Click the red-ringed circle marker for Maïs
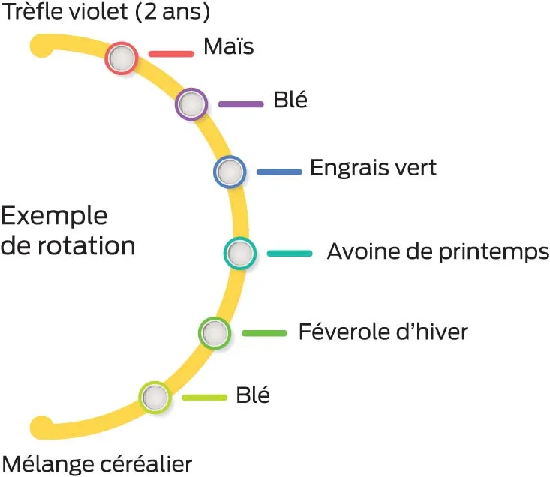121,58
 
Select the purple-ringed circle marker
191,104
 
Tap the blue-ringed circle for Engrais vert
230,172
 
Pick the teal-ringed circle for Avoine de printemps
239,253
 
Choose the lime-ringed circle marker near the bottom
154,397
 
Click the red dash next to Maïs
171,54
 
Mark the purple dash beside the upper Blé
241,104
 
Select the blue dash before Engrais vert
279,172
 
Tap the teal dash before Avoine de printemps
289,253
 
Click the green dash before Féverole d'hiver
264,332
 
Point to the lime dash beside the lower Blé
204,397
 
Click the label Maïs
229,48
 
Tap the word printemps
494,252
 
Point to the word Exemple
54,217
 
